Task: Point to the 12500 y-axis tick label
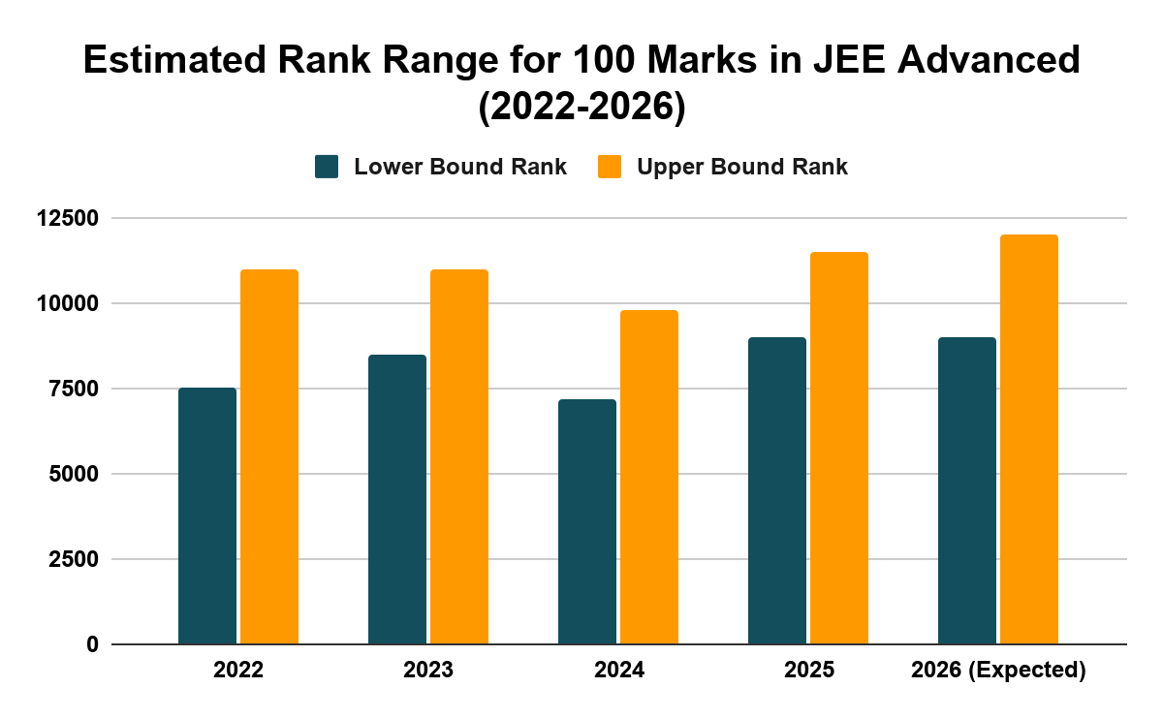point(67,219)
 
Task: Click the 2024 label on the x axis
point(619,671)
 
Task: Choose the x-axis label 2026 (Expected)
point(998,671)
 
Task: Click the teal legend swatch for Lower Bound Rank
point(327,167)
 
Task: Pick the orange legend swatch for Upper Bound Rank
point(609,167)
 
